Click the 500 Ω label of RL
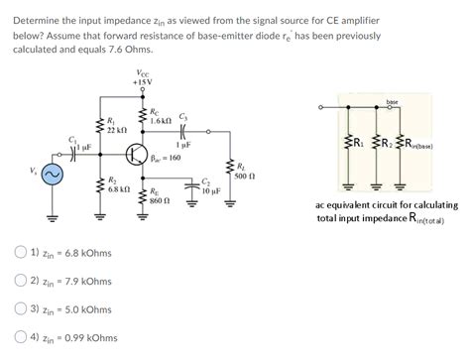pyautogui.click(x=245, y=177)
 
